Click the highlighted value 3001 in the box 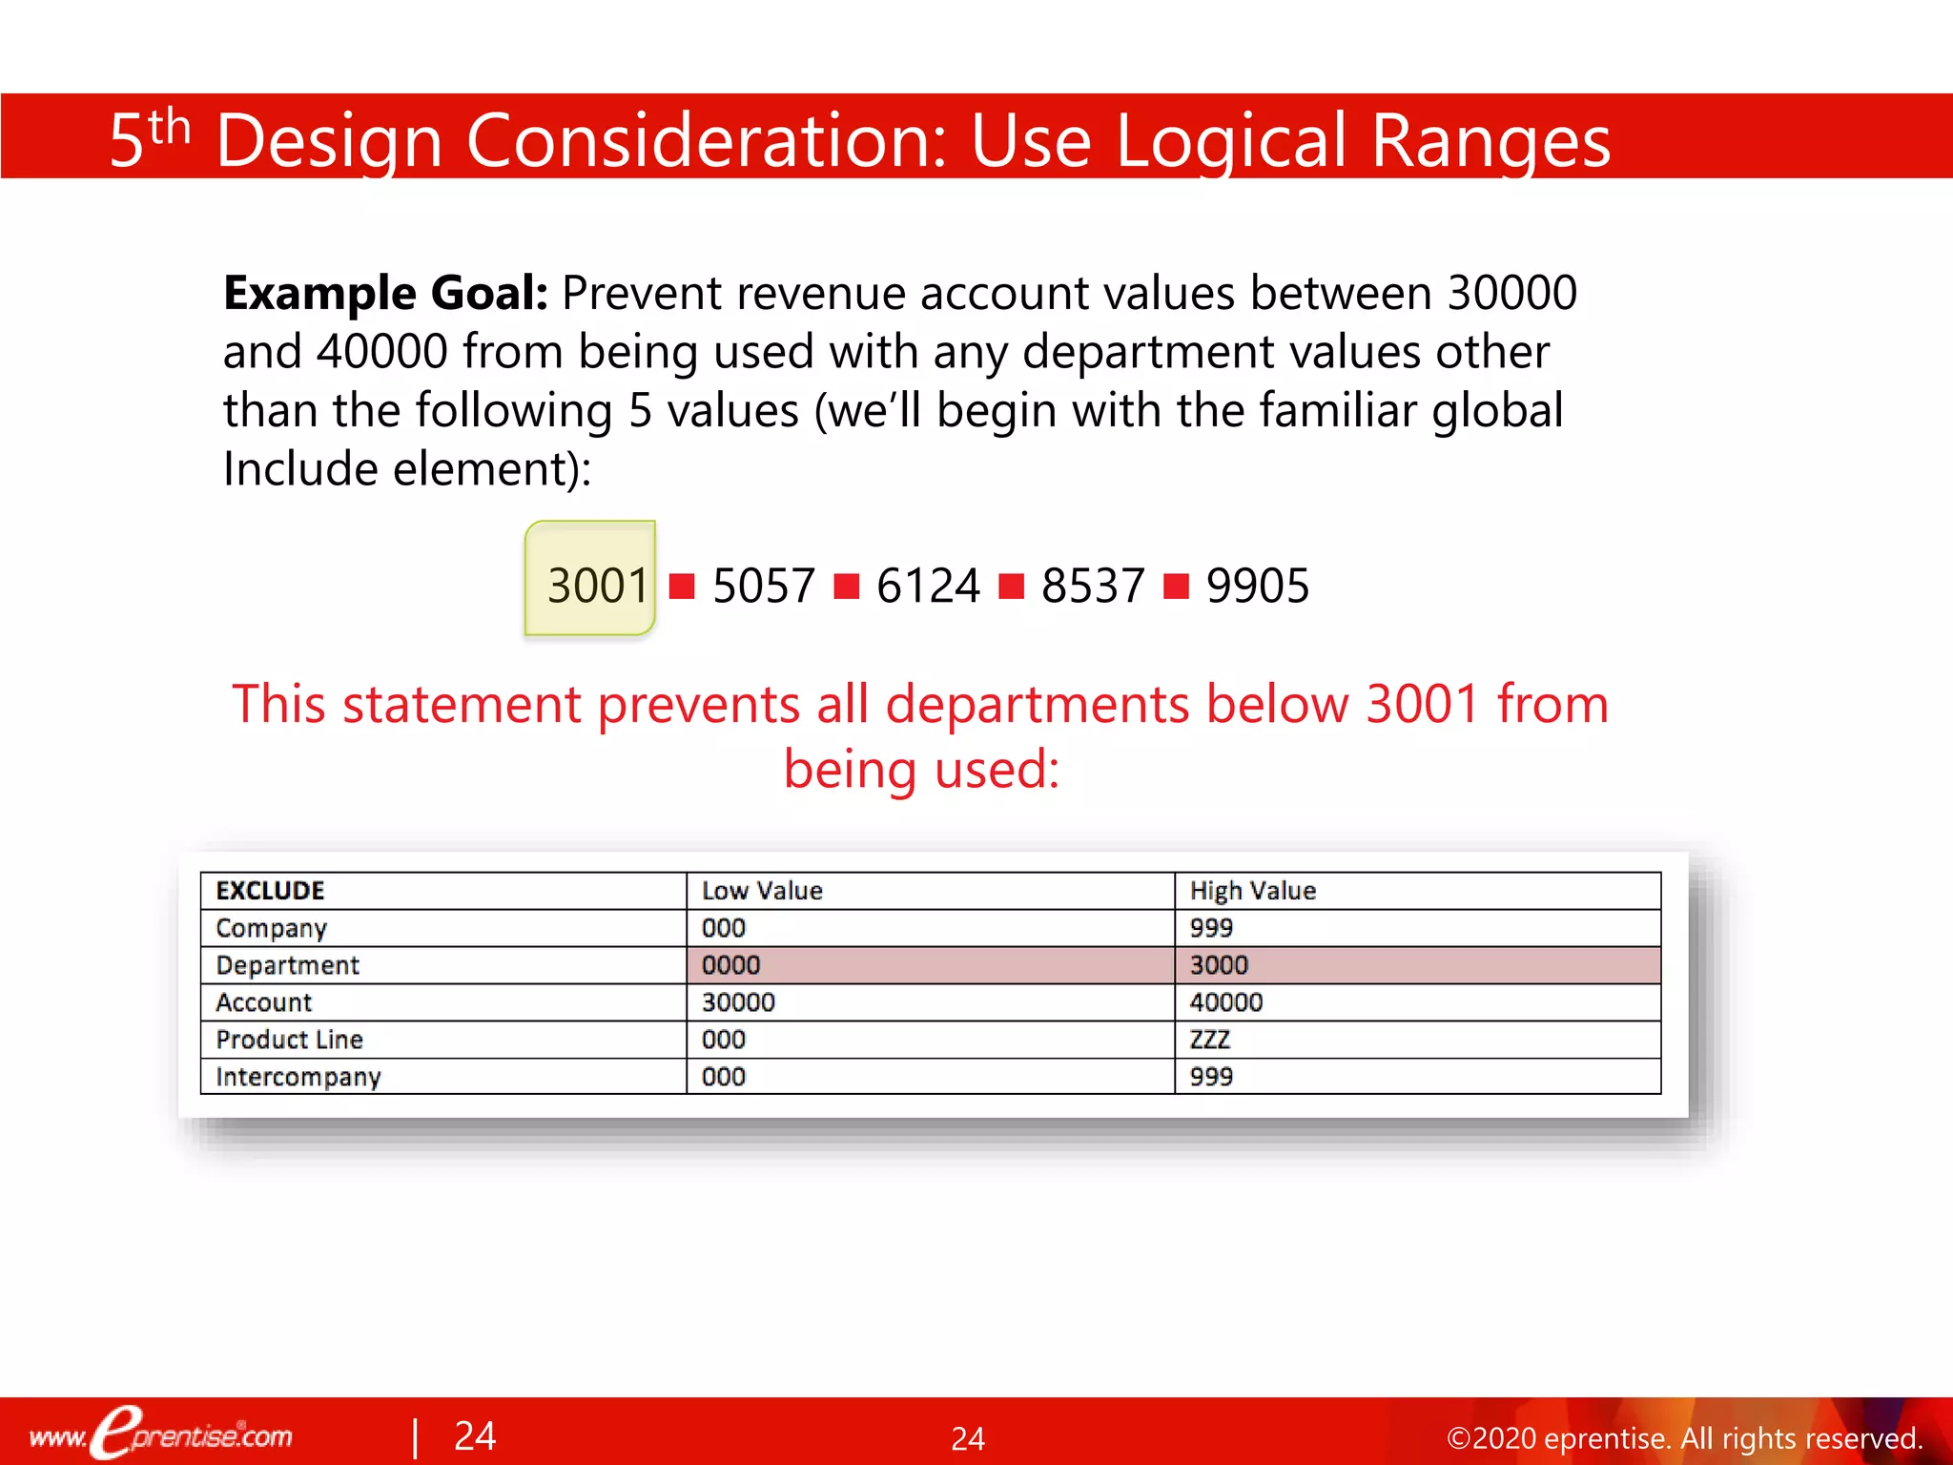[597, 585]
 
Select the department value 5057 [763, 585]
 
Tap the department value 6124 [927, 585]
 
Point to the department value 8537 [1092, 585]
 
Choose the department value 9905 [1257, 585]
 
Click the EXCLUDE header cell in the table [270, 891]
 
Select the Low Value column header [762, 891]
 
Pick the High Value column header [1252, 891]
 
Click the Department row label [287, 965]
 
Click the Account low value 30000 [738, 1002]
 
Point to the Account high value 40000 [1225, 1002]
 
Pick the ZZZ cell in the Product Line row [1209, 1040]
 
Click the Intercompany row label [298, 1077]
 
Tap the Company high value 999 [1211, 928]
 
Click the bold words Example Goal [385, 293]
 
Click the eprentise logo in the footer [162, 1434]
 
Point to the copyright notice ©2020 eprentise [1683, 1438]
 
